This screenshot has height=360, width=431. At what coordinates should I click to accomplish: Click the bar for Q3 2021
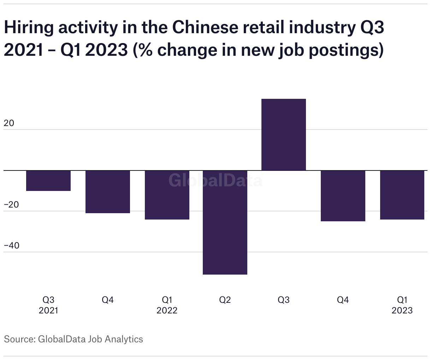(x=48, y=181)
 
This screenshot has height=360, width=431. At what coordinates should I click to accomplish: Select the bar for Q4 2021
(x=108, y=192)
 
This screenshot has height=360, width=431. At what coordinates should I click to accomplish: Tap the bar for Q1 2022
(x=167, y=195)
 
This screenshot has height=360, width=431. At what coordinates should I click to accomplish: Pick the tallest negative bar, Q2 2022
(x=225, y=222)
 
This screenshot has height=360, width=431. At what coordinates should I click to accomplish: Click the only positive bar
(x=284, y=135)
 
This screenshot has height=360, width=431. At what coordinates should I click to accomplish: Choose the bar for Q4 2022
(x=343, y=196)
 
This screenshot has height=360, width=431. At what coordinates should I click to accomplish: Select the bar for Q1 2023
(x=402, y=195)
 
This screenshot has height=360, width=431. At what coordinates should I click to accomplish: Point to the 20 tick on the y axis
(x=9, y=123)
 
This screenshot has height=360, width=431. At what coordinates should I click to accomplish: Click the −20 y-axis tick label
(x=11, y=205)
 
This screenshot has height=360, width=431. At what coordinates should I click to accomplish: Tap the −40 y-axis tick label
(x=11, y=246)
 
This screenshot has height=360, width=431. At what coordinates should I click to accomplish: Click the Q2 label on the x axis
(x=225, y=300)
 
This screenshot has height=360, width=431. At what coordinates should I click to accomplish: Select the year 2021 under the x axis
(x=48, y=311)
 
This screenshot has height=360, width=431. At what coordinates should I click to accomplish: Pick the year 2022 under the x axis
(x=167, y=311)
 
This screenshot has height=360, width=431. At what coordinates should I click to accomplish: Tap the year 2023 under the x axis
(x=402, y=311)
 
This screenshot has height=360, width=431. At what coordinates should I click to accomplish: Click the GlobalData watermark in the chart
(x=215, y=180)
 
